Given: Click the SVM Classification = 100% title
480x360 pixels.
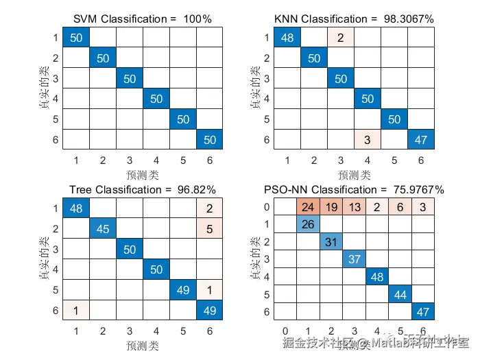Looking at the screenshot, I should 143,19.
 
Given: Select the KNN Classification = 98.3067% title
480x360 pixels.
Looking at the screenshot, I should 354,19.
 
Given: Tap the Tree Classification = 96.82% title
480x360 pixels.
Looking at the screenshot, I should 143,189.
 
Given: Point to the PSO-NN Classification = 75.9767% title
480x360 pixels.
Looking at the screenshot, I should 354,189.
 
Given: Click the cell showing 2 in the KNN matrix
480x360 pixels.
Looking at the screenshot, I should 341,38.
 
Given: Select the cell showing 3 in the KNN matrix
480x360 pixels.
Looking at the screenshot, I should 368,140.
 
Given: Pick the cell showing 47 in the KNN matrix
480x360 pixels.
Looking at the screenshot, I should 420,140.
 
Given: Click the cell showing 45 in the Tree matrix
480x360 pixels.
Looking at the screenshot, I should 103,228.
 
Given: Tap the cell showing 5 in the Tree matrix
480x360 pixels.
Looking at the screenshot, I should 209,228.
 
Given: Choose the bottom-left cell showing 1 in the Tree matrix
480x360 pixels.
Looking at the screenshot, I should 76,310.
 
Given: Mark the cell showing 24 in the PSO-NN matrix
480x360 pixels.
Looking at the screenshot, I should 309,206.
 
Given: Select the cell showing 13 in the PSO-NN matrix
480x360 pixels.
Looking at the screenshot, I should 355,206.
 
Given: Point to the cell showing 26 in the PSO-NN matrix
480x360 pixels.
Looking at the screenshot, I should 309,224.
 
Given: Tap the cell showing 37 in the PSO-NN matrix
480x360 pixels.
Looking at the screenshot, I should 355,259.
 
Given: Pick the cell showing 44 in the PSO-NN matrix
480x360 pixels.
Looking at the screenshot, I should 400,294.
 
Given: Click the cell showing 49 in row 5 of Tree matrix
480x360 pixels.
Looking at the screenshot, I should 182,289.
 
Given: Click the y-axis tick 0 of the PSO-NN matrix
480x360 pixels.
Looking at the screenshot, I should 267,206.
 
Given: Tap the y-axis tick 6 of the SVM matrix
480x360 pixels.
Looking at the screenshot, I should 54,140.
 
